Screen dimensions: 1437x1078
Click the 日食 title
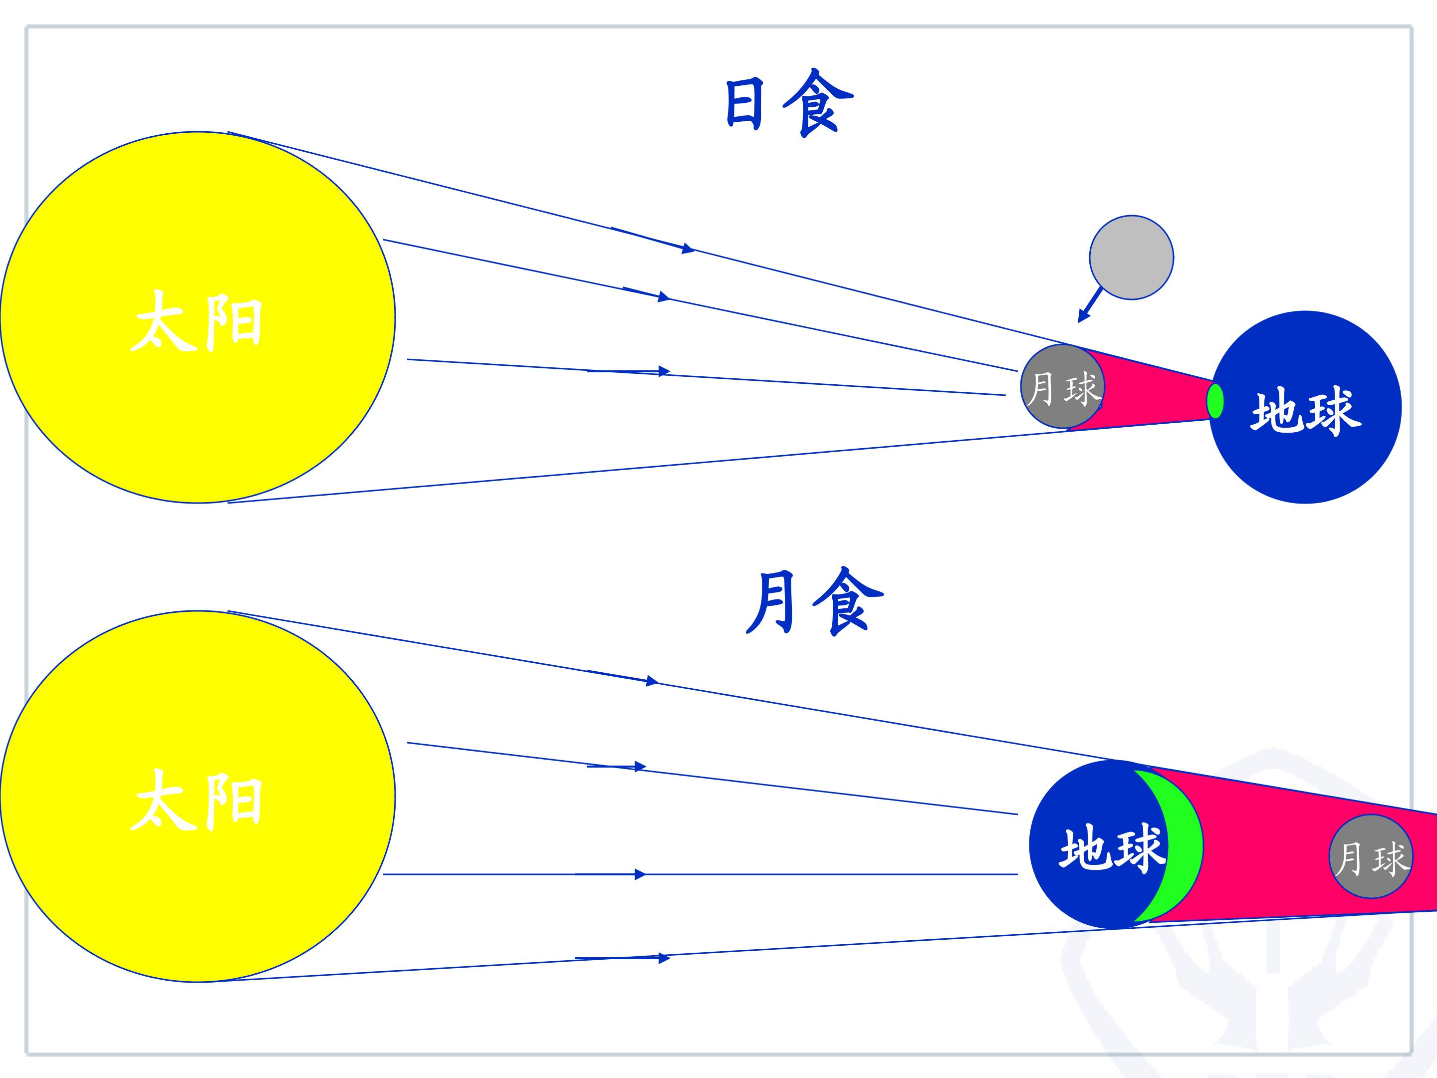pos(789,104)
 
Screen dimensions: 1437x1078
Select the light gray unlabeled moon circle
pos(1131,258)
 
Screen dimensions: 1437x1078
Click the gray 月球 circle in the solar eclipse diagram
pos(1062,387)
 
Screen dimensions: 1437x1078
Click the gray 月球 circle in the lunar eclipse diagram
pos(1371,857)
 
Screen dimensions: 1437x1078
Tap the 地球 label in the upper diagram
pos(1306,411)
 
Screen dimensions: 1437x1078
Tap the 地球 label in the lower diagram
pos(1112,847)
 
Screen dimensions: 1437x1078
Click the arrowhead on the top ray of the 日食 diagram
pos(688,248)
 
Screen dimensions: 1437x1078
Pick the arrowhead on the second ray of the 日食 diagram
pos(663,297)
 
